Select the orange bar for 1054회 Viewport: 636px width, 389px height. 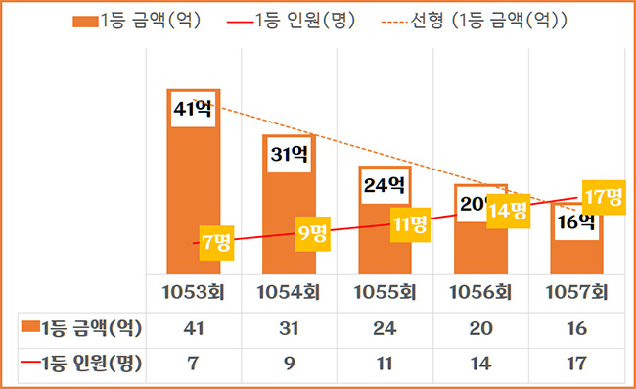click(289, 196)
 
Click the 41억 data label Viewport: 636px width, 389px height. click(192, 108)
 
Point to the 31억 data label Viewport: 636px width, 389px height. click(289, 154)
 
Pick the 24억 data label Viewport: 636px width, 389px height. click(385, 184)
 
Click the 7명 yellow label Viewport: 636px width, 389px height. click(215, 241)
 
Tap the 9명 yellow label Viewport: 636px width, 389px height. click(312, 233)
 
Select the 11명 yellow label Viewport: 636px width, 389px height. click(408, 223)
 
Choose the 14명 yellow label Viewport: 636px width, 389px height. click(507, 209)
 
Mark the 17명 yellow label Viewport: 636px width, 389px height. click(602, 196)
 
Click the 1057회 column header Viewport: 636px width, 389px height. click(576, 292)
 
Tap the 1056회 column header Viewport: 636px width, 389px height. click(480, 292)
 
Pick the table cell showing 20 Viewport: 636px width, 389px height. click(480, 327)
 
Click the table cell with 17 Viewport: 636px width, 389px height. click(576, 364)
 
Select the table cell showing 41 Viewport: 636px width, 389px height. click(193, 327)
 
